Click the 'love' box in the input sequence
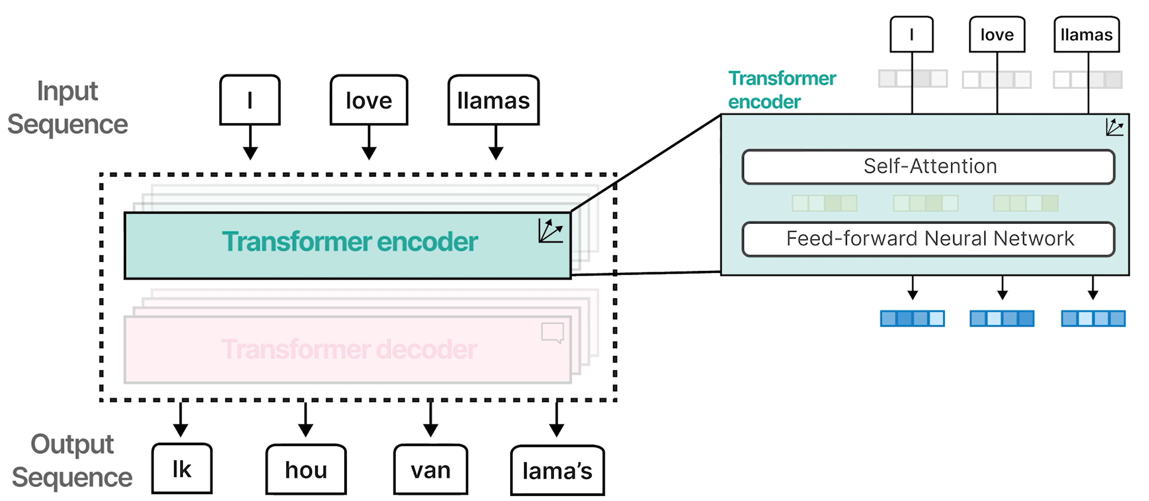(x=369, y=100)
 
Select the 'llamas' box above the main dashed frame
(x=493, y=100)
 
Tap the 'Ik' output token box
(x=182, y=469)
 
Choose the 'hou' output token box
(x=306, y=470)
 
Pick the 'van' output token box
(x=430, y=470)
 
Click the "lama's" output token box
(x=557, y=471)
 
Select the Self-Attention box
(x=928, y=167)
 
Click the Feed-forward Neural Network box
(x=928, y=239)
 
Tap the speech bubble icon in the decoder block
(x=553, y=333)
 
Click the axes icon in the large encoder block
(x=550, y=231)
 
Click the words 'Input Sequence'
(x=67, y=107)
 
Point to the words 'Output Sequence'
(x=72, y=461)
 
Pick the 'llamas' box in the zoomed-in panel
(x=1086, y=35)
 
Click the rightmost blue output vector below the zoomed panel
(x=1093, y=319)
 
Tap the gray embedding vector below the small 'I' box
(x=912, y=79)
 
